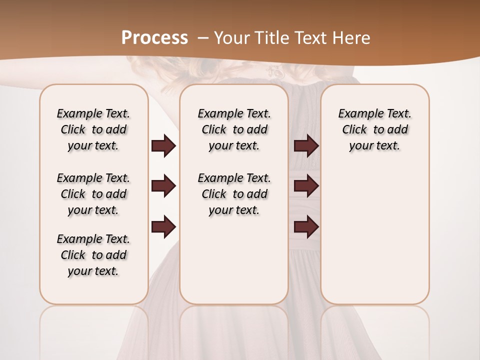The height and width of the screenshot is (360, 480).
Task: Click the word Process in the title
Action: tap(154, 37)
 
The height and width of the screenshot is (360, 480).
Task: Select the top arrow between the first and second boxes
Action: tap(163, 146)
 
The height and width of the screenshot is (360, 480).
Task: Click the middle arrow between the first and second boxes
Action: tap(163, 186)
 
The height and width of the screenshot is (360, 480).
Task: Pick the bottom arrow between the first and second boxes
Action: tap(163, 226)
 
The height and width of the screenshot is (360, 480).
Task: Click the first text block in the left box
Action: tap(93, 129)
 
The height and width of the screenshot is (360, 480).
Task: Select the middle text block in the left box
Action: tap(93, 194)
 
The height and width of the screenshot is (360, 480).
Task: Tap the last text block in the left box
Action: tap(93, 255)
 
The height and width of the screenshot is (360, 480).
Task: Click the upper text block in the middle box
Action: tap(234, 129)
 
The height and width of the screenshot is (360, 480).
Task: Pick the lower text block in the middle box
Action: tap(234, 194)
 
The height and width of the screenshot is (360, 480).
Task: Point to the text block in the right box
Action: tap(375, 129)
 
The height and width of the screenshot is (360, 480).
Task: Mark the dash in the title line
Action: tap(202, 37)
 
